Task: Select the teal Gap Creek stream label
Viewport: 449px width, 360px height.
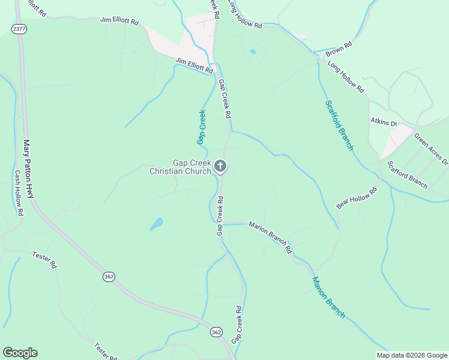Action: tap(202, 127)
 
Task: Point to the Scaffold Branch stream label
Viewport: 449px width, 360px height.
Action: tap(340, 125)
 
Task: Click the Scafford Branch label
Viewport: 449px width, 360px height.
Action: tap(408, 173)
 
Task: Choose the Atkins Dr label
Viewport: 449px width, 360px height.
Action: tap(384, 122)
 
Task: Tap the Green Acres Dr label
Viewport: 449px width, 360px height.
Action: tap(431, 148)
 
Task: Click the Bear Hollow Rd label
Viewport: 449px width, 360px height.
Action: tap(356, 198)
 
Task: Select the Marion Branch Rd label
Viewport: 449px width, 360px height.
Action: tap(271, 236)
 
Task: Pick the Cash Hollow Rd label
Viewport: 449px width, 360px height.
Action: tap(19, 193)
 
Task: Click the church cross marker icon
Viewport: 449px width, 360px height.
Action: tap(220, 166)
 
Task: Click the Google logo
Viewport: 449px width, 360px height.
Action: tap(20, 353)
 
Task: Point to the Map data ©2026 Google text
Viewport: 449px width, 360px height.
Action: tap(412, 355)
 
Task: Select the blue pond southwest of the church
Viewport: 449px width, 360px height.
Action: tap(157, 224)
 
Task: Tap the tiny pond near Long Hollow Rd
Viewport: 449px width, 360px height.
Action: tap(253, 52)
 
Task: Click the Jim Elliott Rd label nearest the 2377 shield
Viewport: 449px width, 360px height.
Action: tap(119, 21)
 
